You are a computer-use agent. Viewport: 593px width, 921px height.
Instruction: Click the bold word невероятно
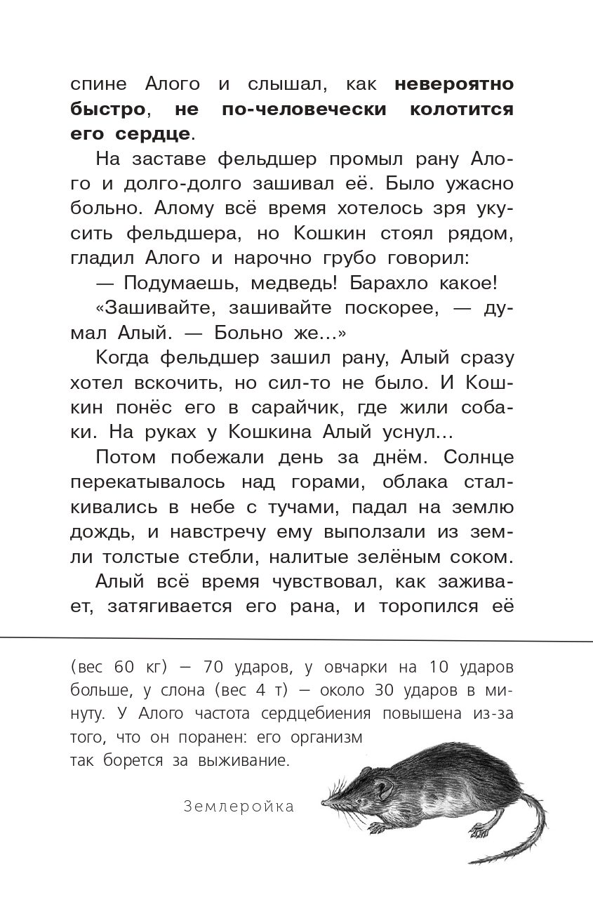click(x=454, y=85)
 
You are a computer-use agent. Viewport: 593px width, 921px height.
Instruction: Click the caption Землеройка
click(x=239, y=807)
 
